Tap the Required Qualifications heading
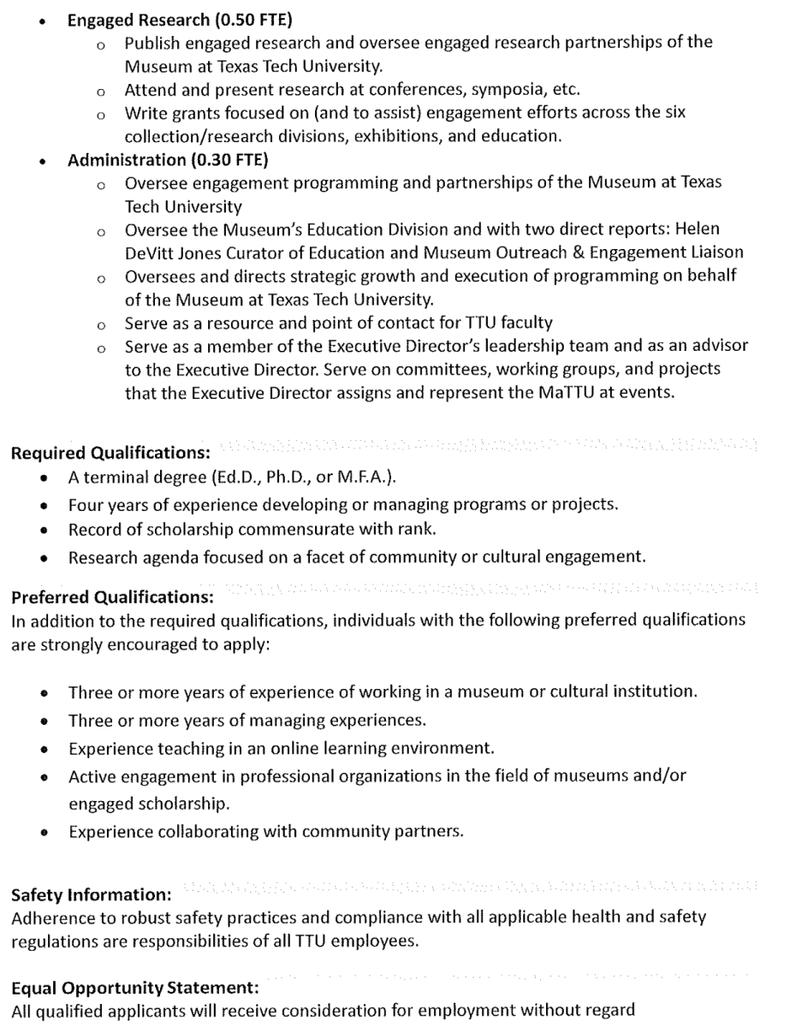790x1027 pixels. [x=110, y=453]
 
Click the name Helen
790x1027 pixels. [x=698, y=229]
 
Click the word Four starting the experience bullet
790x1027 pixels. [x=86, y=504]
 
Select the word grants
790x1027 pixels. [x=186, y=113]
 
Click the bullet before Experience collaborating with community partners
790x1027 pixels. [x=45, y=832]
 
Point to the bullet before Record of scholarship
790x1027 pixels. [x=45, y=531]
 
